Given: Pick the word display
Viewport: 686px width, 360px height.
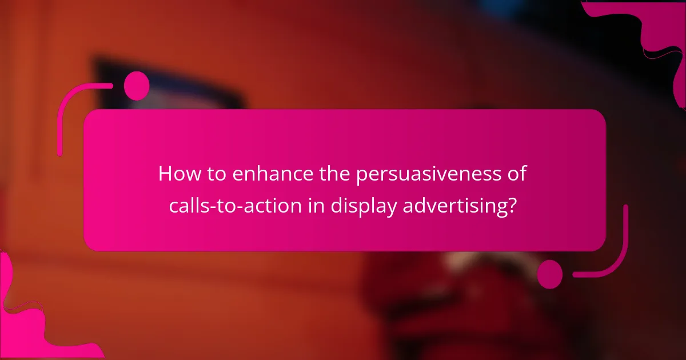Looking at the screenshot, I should click(362, 206).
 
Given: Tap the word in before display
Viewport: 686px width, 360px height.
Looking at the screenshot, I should click(316, 206).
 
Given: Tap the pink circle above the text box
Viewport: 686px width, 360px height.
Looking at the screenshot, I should click(137, 86).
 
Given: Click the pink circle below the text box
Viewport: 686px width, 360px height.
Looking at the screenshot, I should click(550, 274).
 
